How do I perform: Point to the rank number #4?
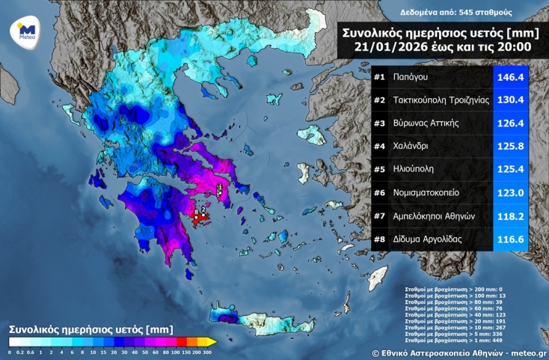point(379,147)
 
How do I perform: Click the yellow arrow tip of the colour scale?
point(212,342)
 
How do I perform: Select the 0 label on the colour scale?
point(10,352)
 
